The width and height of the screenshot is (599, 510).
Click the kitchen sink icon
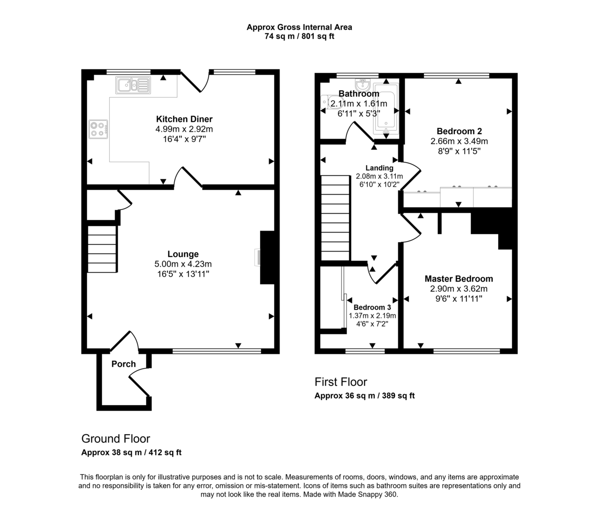pos(133,85)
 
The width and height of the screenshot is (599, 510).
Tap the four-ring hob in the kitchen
pos(98,129)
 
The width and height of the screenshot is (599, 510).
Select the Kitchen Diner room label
pos(184,119)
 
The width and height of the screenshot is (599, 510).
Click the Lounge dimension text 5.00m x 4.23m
pos(183,264)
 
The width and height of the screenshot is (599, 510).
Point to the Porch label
pos(123,364)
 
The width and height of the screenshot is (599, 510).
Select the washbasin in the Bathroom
pos(361,83)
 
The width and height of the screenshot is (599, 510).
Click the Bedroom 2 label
pos(459,132)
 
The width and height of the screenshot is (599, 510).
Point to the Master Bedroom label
pos(458,279)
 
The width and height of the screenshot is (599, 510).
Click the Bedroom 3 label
pos(372,307)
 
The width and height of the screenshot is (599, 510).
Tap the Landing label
pos(379,168)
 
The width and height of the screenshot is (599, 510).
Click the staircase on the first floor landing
pos(335,218)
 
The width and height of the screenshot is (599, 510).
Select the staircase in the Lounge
pos(102,249)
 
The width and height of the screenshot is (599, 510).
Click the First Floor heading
pos(340,382)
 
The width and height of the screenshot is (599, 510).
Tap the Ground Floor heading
pos(115,439)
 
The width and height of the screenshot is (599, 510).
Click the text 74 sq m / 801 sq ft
pos(299,36)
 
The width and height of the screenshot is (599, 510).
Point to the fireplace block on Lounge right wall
pos(267,257)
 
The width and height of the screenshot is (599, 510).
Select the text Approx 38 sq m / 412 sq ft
pos(131,453)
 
